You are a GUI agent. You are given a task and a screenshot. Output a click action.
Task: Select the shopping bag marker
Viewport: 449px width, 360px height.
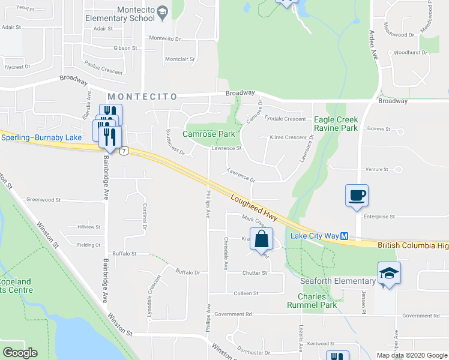[261, 239]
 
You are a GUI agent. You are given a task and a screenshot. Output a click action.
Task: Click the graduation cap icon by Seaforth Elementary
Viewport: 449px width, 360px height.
[388, 274]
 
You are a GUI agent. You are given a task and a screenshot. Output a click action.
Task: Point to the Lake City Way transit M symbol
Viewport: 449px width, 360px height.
[345, 236]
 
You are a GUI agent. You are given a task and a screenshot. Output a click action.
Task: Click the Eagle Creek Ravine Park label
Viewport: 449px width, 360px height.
[336, 124]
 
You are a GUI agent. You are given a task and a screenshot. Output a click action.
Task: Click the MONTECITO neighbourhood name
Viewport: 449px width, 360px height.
[142, 97]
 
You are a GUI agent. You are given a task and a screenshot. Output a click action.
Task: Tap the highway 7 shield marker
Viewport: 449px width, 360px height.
[123, 150]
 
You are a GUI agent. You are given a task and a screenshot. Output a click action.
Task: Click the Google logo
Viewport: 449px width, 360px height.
[20, 353]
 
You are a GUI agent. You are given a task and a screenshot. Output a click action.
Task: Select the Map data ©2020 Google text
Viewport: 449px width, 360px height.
[411, 355]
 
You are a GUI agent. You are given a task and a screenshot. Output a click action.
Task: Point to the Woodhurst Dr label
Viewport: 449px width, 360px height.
[411, 53]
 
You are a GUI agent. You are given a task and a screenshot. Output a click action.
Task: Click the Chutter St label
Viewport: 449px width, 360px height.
[255, 273]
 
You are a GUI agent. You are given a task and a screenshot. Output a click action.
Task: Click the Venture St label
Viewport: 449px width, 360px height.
[378, 170]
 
